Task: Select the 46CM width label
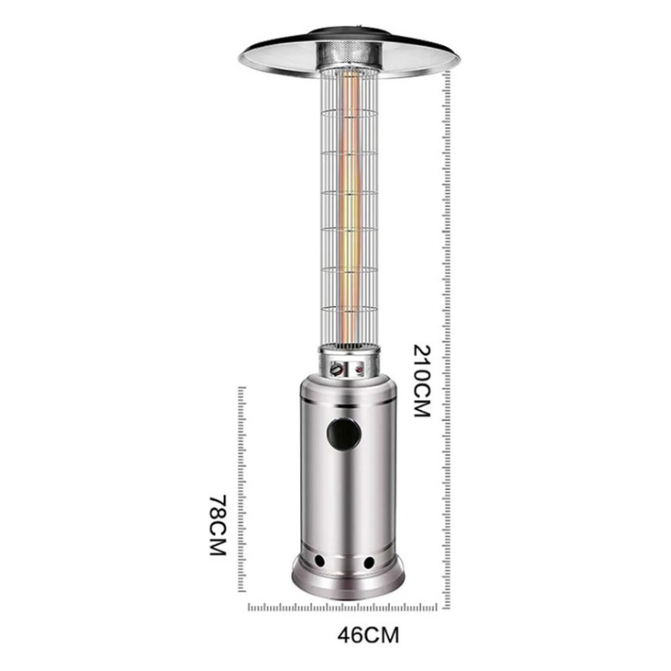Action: [x=348, y=634]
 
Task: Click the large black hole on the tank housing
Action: [x=343, y=434]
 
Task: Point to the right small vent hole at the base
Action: [x=368, y=559]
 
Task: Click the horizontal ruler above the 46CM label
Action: [x=348, y=606]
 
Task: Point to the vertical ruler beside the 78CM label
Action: [x=243, y=495]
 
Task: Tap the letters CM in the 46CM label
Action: [x=363, y=634]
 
